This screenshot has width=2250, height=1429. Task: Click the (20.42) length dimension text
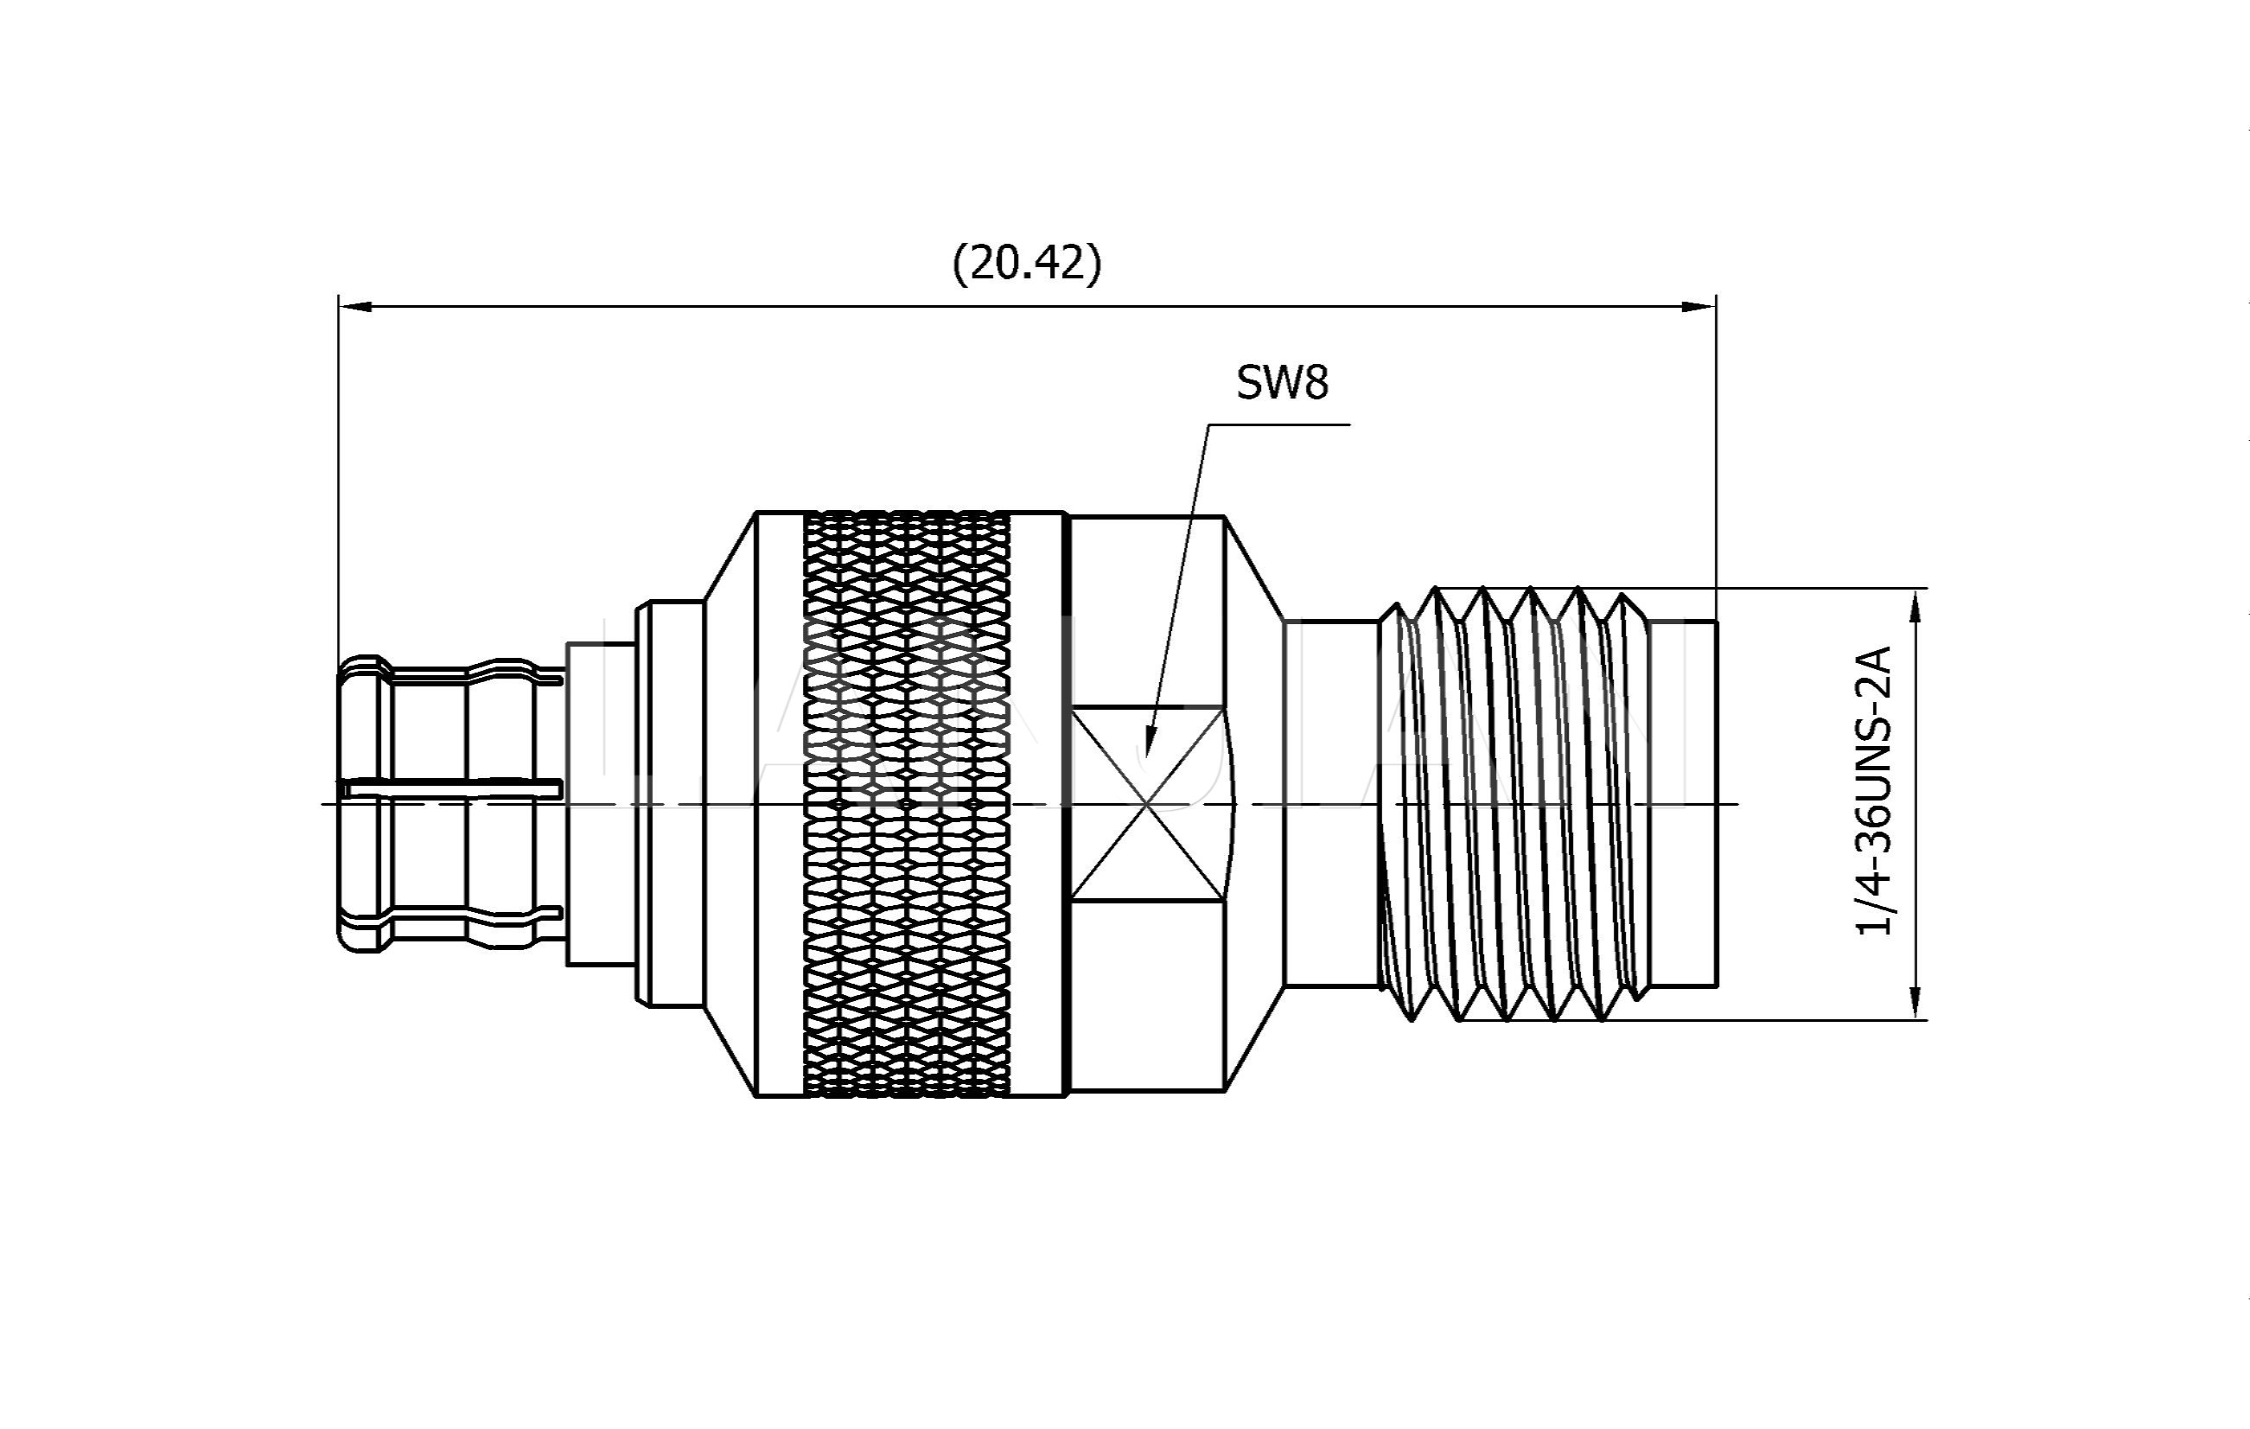point(1027,263)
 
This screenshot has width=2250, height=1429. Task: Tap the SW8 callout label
point(1282,382)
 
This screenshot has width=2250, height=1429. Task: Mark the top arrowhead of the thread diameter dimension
point(1915,606)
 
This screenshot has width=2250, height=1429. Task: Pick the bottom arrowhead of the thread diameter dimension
point(1915,1002)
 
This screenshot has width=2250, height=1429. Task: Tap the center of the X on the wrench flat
point(1147,803)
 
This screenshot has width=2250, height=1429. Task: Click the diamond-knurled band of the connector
point(907,804)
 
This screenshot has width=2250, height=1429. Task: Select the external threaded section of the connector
point(1514,804)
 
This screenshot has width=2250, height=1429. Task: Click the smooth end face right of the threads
point(1682,804)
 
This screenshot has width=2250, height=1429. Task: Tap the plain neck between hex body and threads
point(1330,804)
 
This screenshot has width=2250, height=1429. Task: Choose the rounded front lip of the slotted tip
point(360,804)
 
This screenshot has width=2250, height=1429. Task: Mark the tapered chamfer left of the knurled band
point(729,804)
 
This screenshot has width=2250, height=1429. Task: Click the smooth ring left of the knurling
point(780,804)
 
